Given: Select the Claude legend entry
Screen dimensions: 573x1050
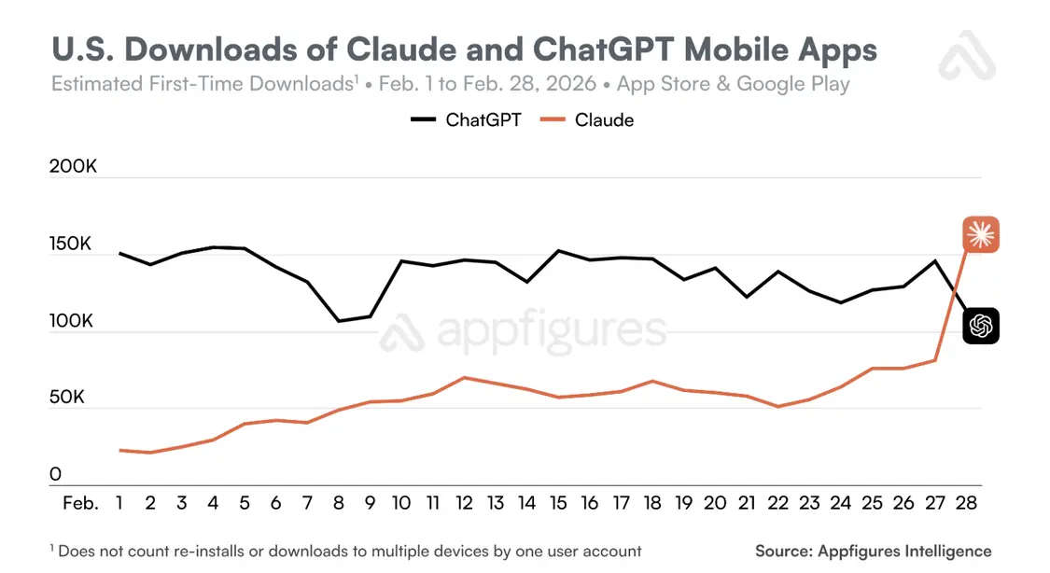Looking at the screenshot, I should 590,119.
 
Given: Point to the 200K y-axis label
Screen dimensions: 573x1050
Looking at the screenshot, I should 74,167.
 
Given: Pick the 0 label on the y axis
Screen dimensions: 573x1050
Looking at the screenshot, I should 56,474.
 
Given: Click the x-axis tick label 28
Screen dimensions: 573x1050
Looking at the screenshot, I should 966,503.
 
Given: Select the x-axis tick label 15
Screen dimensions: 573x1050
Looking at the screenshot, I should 558,503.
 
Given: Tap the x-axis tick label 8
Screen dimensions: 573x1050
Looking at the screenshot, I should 339,503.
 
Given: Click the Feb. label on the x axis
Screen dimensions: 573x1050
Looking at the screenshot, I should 79,503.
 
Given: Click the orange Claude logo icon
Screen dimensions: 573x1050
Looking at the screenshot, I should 981,234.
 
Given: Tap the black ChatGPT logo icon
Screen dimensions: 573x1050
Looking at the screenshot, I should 981,325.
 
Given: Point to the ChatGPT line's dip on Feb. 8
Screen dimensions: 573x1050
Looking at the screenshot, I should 339,321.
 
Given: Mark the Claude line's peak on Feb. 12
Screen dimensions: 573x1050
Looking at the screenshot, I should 464,378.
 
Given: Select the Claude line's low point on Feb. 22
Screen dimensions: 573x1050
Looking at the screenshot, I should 777,406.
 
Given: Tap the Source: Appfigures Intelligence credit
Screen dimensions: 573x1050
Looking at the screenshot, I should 873,551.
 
